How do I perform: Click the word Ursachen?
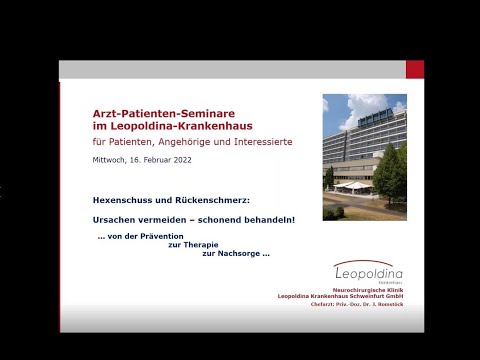[x=113, y=218]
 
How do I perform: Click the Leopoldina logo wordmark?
[x=370, y=270]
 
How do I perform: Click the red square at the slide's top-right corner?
[x=414, y=69]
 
